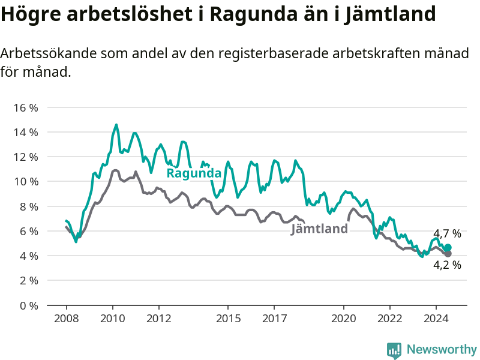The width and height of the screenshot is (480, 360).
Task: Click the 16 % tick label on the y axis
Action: [x=26, y=108]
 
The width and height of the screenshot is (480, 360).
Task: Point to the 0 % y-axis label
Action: [x=29, y=305]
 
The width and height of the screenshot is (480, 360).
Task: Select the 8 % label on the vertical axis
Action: [x=29, y=206]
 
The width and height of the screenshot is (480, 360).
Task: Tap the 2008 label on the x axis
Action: [x=67, y=319]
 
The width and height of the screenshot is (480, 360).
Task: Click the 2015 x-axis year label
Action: [x=228, y=319]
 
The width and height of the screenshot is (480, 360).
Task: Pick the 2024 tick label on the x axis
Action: [x=436, y=319]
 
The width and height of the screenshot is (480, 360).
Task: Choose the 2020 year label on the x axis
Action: [x=343, y=319]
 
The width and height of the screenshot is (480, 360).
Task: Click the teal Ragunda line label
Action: [x=194, y=173]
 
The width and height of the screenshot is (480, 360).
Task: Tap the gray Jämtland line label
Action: [x=319, y=229]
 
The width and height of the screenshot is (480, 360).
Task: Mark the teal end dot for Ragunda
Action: [x=448, y=247]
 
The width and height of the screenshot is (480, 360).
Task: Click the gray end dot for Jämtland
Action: [x=448, y=254]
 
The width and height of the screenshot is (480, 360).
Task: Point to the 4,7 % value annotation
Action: [x=447, y=234]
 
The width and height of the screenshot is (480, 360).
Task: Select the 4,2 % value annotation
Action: [x=447, y=265]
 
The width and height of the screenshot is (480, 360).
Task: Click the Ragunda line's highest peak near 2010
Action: [x=116, y=125]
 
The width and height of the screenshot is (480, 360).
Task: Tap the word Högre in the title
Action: [x=31, y=14]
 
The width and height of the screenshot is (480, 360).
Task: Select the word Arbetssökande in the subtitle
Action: [x=49, y=53]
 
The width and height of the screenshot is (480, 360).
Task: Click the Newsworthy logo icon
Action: [x=394, y=350]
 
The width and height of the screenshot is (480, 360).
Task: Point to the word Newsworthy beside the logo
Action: [x=442, y=349]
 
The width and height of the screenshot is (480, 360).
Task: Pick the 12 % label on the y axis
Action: [x=26, y=157]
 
